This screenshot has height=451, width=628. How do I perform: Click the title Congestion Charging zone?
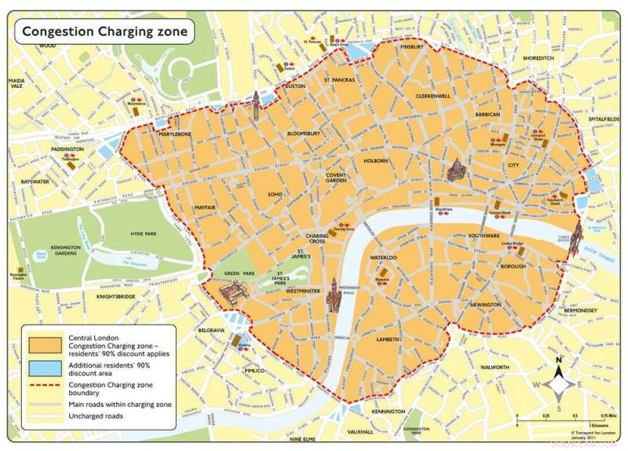104,31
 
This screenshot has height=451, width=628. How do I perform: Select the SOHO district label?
274,194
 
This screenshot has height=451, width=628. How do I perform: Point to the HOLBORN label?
375,161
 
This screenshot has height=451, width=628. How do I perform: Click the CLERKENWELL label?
433,96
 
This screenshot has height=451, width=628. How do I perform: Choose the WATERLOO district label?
383,258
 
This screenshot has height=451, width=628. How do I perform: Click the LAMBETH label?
388,339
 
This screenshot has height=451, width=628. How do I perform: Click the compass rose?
557,384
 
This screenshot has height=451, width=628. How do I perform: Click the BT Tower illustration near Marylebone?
256,104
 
